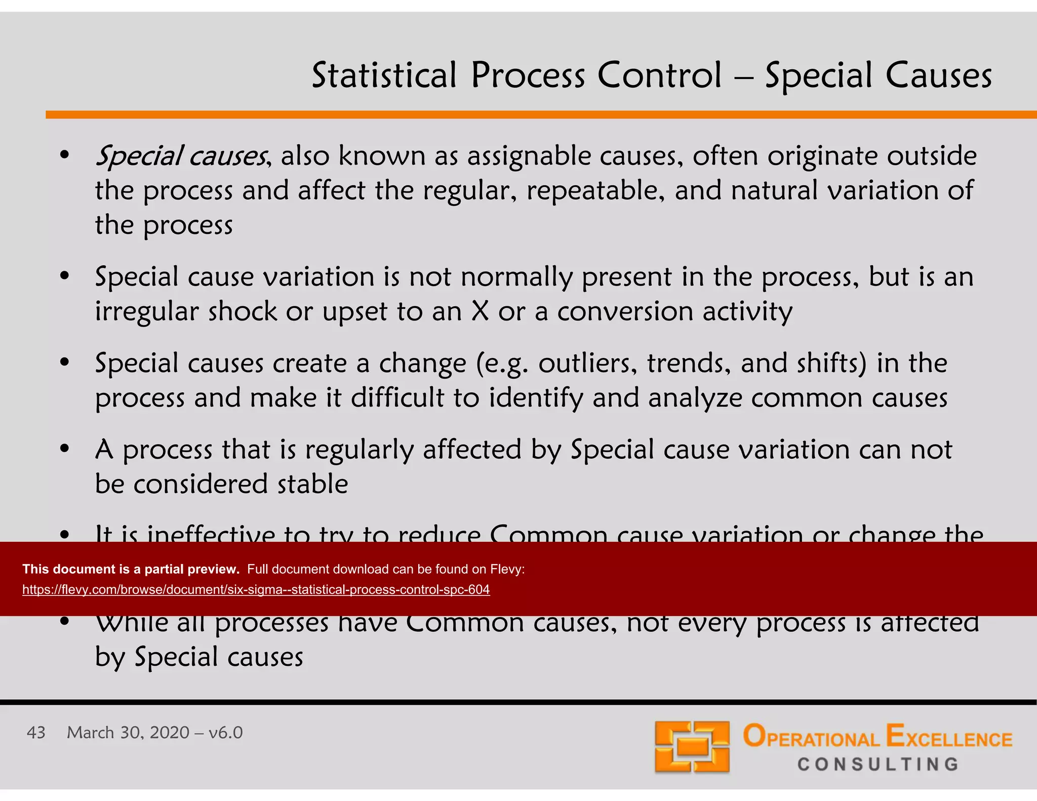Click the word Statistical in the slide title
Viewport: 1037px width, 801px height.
384,76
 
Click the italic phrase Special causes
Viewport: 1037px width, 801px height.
181,156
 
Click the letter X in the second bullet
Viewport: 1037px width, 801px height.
480,311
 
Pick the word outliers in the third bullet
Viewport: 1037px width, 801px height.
587,363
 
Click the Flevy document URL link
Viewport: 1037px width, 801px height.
256,590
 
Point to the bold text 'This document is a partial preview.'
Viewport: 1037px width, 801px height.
131,569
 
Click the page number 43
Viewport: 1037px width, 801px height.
36,733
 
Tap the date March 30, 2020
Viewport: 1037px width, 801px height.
128,733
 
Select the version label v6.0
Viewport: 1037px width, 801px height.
226,733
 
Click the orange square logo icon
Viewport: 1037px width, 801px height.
692,747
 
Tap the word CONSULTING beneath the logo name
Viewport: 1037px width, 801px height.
879,764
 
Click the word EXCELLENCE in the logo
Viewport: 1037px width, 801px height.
949,737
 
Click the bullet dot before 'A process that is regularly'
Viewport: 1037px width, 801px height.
64,449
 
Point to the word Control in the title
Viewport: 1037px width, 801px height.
659,76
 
